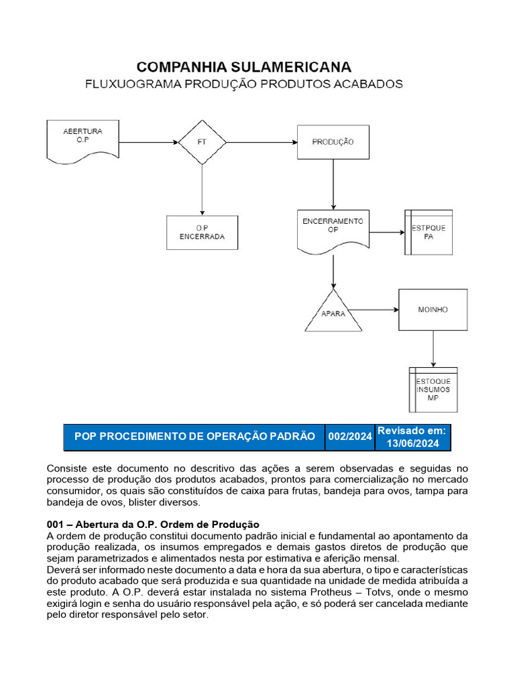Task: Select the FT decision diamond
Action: pyautogui.click(x=202, y=142)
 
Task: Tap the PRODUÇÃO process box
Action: pyautogui.click(x=333, y=142)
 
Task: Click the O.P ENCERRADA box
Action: pyautogui.click(x=202, y=232)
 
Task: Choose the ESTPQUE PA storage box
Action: pyautogui.click(x=428, y=232)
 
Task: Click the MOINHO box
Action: pyautogui.click(x=433, y=310)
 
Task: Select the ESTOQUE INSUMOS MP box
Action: pyautogui.click(x=433, y=389)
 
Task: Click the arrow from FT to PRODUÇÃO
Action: pyautogui.click(x=262, y=142)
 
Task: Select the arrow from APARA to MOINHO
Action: pyautogui.click(x=374, y=310)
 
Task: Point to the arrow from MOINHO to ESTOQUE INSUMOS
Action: pyautogui.click(x=433, y=348)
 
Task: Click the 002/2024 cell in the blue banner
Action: pyautogui.click(x=349, y=436)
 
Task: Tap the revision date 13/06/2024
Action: pyautogui.click(x=412, y=443)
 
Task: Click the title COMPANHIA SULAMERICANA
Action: pyautogui.click(x=243, y=66)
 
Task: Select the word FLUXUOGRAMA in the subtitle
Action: pyautogui.click(x=131, y=84)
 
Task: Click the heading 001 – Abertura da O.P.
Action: pyautogui.click(x=153, y=524)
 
